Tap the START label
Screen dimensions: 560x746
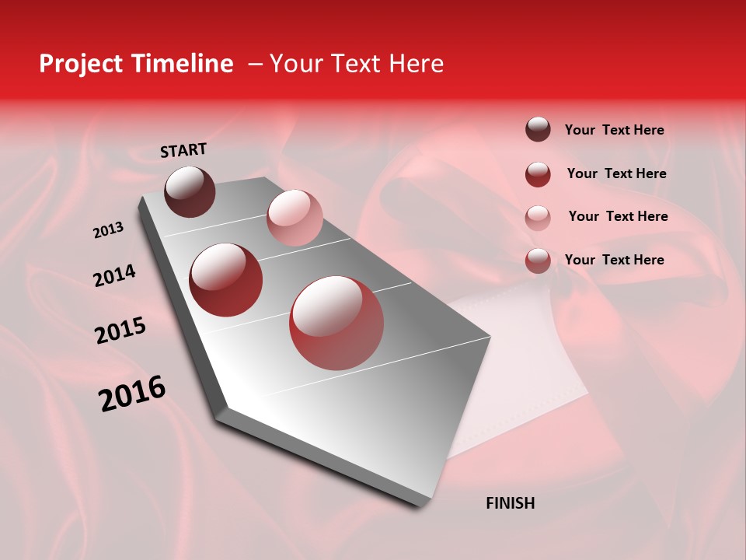point(183,150)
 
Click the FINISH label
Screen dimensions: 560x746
point(510,503)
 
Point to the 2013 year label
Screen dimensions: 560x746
point(109,230)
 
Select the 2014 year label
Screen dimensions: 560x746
point(115,275)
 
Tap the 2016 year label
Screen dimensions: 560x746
point(133,394)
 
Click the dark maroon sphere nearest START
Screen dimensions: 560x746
point(190,191)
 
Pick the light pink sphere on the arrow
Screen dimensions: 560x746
point(295,217)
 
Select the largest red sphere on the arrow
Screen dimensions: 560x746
point(336,323)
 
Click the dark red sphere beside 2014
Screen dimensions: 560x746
point(225,280)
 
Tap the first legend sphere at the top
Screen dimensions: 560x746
point(538,129)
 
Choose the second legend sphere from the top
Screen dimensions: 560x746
point(538,174)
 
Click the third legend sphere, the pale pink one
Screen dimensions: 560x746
point(538,217)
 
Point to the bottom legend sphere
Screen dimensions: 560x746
point(538,261)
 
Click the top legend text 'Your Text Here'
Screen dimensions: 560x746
point(614,131)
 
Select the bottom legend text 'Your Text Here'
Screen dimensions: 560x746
point(614,260)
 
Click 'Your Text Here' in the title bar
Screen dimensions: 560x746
point(356,64)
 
